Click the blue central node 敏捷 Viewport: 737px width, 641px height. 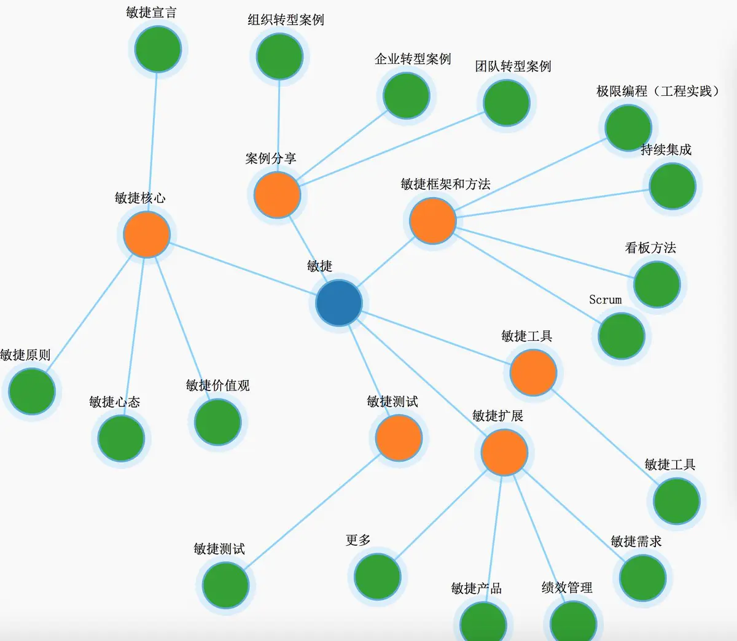tap(339, 303)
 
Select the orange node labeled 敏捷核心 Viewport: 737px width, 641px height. tap(146, 235)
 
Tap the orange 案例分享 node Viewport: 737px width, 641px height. tap(277, 195)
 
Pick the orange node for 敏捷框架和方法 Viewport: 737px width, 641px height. tap(432, 220)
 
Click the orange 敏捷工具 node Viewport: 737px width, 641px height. tap(533, 373)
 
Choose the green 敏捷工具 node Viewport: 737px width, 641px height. tap(676, 501)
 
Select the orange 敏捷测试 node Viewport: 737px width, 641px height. tap(399, 438)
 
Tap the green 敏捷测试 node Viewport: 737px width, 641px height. tap(225, 585)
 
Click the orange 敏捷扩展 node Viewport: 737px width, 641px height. tap(504, 453)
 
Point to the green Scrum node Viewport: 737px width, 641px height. tap(621, 336)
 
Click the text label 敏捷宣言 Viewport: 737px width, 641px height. tap(151, 13)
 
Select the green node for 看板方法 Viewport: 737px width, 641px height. tap(657, 284)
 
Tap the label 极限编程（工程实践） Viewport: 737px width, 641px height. tap(657, 91)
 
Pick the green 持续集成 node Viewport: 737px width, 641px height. tap(672, 186)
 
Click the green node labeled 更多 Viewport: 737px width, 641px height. tap(377, 577)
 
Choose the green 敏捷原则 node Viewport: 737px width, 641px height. tap(32, 392)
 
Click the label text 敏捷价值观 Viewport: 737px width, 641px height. tap(217, 386)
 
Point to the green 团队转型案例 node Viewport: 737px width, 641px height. tap(506, 103)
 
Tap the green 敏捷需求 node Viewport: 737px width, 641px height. tap(642, 578)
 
